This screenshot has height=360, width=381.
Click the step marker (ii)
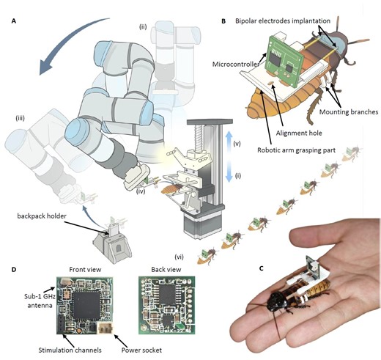[x=144, y=27]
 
